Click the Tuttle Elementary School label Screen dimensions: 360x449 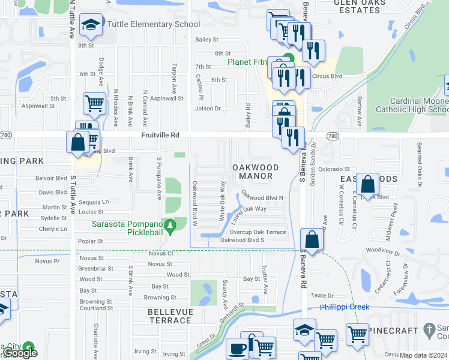click(153, 25)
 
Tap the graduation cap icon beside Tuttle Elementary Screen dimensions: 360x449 click(91, 25)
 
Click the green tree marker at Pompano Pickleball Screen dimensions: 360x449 click(170, 226)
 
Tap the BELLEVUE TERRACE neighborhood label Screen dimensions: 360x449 click(170, 316)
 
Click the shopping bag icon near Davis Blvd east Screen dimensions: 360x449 click(367, 183)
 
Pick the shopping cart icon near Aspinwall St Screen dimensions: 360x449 click(94, 103)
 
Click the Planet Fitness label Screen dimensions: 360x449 click(255, 62)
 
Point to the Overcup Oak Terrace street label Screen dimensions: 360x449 click(258, 232)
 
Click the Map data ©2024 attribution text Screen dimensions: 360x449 click(423, 355)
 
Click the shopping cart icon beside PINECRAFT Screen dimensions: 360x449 click(357, 334)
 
